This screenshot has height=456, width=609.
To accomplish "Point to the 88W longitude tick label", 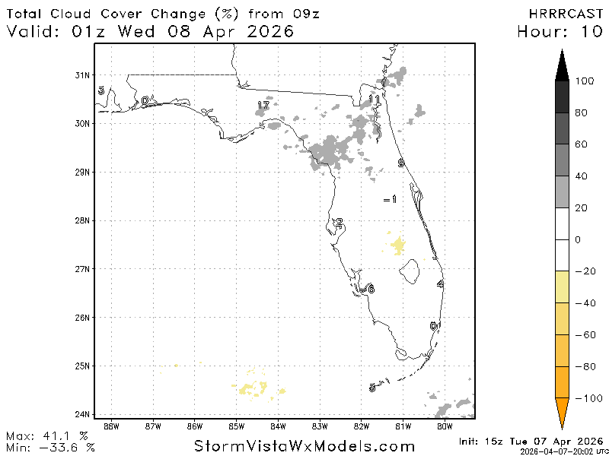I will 112,426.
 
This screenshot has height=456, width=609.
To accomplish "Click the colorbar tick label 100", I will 585,81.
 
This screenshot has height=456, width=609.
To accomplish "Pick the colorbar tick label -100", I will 587,397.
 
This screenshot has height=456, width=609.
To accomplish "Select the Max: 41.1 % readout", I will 47,435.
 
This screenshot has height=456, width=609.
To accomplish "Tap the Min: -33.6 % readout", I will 50,447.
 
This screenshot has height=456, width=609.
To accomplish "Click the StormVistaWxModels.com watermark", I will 304,446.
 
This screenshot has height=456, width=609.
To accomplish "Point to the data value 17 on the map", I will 263,105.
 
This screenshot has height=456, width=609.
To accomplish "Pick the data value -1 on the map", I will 390,199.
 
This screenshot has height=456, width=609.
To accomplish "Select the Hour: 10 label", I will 560,32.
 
